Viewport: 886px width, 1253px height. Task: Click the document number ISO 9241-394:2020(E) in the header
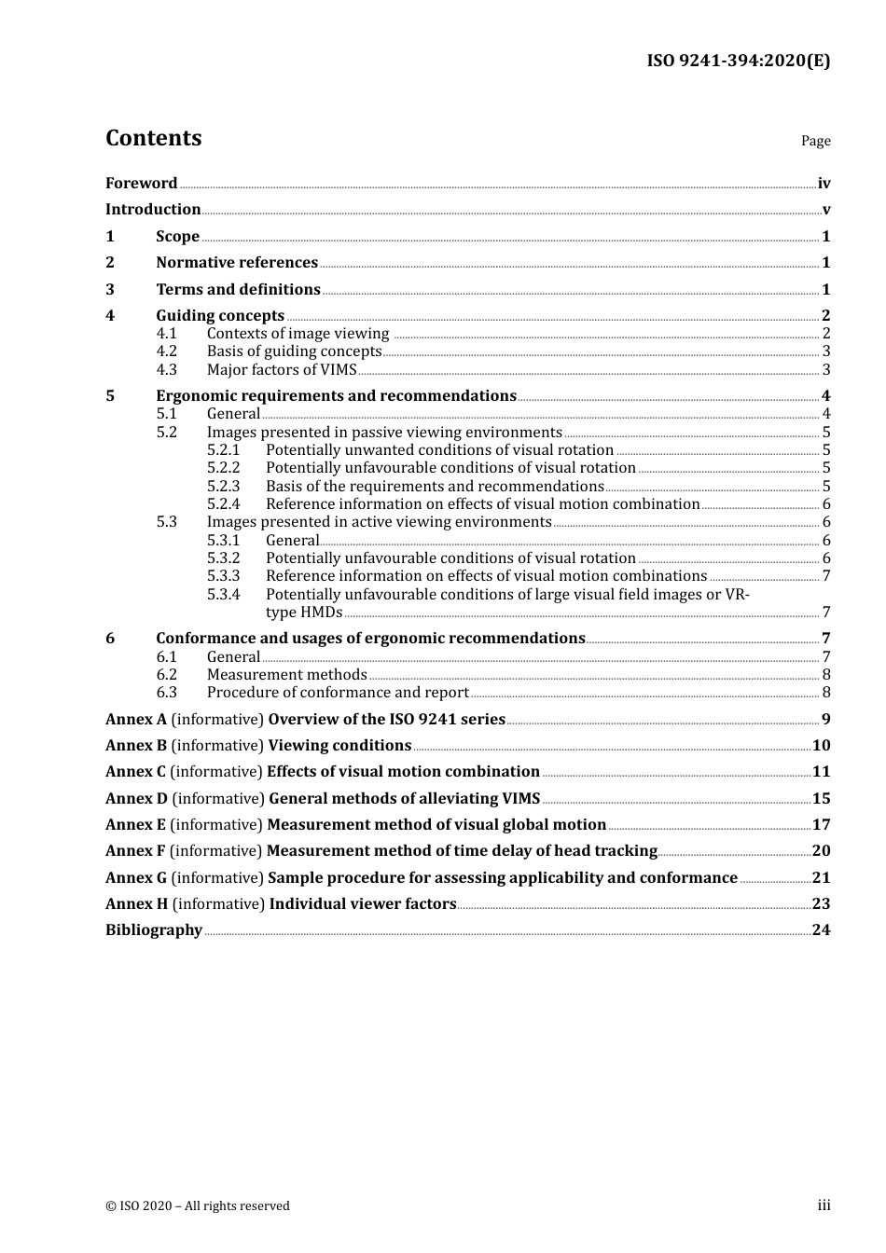(738, 61)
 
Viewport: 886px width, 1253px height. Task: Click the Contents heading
(153, 138)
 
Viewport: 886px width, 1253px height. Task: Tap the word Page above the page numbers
(815, 141)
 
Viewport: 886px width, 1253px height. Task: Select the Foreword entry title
(141, 184)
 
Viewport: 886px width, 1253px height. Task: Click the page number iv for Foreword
(824, 184)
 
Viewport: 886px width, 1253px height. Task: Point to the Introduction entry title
(153, 210)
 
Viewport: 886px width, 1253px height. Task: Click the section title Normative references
(237, 263)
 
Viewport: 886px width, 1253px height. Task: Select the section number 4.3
(166, 370)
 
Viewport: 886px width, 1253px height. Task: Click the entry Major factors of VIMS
(282, 370)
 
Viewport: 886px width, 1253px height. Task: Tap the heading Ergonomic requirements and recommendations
(336, 396)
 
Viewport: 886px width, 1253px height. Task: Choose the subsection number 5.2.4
(223, 504)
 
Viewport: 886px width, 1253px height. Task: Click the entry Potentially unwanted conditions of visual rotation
(439, 450)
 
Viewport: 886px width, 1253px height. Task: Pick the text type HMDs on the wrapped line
(304, 613)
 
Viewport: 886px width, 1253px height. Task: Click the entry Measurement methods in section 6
(286, 675)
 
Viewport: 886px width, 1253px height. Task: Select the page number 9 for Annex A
(825, 720)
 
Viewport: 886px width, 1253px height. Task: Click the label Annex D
(136, 799)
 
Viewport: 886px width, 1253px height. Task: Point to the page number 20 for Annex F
(821, 851)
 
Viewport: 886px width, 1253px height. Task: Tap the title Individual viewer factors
(363, 904)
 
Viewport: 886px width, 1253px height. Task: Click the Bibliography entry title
(154, 930)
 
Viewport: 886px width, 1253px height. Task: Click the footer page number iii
(824, 1205)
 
